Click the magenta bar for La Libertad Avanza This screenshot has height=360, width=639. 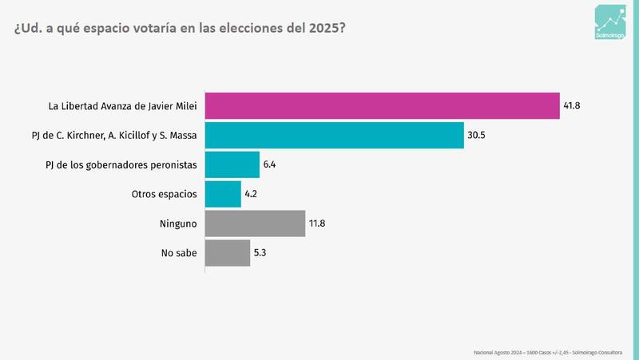(382, 105)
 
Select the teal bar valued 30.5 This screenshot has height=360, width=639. (335, 135)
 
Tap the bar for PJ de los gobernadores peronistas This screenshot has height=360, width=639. (232, 164)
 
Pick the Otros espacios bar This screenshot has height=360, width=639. (223, 194)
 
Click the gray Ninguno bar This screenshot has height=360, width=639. (256, 224)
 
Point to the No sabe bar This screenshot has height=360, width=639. (228, 253)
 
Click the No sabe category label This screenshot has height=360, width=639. (177, 253)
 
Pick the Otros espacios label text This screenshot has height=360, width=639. (164, 194)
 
